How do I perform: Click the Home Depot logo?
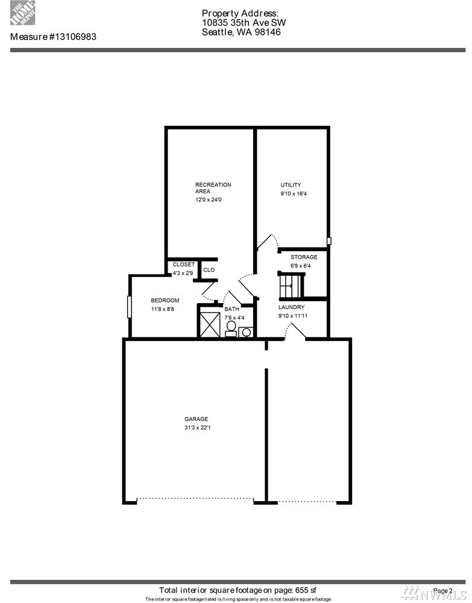pyautogui.click(x=23, y=13)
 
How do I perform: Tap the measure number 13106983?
pyautogui.click(x=73, y=37)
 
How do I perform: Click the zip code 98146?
pyautogui.click(x=267, y=33)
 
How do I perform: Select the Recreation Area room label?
pyautogui.click(x=213, y=188)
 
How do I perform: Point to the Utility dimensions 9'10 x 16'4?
pyautogui.click(x=294, y=194)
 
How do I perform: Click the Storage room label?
pyautogui.click(x=304, y=257)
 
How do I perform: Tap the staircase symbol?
pyautogui.click(x=291, y=285)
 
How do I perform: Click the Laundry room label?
pyautogui.click(x=292, y=307)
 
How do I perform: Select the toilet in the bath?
pyautogui.click(x=231, y=329)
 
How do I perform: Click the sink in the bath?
pyautogui.click(x=246, y=332)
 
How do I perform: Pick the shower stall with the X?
pyautogui.click(x=210, y=325)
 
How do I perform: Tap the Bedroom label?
pyautogui.click(x=165, y=301)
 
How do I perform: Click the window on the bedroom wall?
pyautogui.click(x=129, y=307)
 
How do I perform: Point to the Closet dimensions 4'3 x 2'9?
pyautogui.click(x=183, y=273)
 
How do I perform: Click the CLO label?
pyautogui.click(x=209, y=270)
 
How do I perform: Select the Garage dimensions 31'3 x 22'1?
pyautogui.click(x=197, y=428)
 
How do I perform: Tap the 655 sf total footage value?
pyautogui.click(x=306, y=590)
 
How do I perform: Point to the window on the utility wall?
pyautogui.click(x=329, y=241)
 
